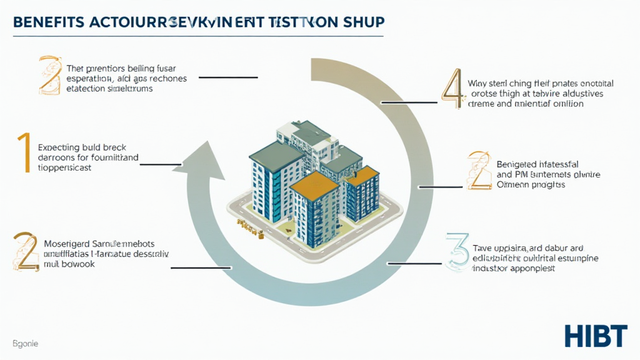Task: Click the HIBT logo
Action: point(595,336)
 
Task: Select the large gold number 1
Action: point(24,152)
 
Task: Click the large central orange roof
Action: point(315,186)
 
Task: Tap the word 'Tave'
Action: point(482,248)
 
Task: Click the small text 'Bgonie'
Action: point(24,344)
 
